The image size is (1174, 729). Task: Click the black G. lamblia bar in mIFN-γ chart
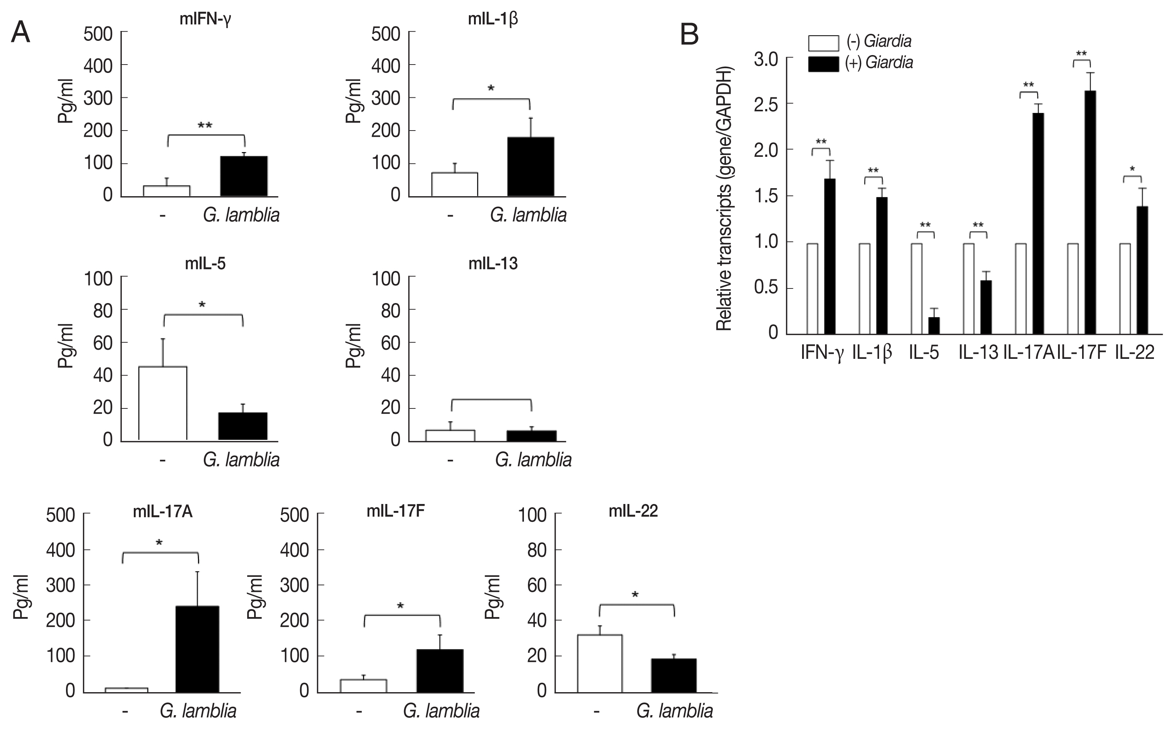[x=244, y=176]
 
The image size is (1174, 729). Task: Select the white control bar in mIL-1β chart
[x=454, y=185]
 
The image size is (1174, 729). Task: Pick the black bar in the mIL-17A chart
[x=197, y=649]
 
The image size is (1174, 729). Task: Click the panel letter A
[x=20, y=33]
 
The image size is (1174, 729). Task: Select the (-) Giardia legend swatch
[x=823, y=42]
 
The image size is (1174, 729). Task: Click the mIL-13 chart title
[x=493, y=264]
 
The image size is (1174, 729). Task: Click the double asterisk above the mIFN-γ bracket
[x=205, y=126]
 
